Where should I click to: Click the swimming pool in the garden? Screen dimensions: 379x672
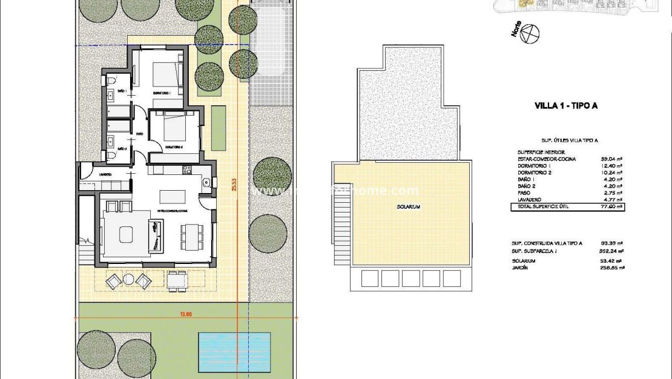[234, 351]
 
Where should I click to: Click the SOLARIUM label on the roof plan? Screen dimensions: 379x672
[409, 207]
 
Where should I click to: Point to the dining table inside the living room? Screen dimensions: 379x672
[191, 236]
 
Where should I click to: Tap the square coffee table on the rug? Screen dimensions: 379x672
[127, 233]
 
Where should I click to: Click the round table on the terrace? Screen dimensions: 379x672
[129, 279]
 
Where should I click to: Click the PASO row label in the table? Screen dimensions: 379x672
[525, 193]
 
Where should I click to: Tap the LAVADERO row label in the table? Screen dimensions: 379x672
[530, 200]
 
